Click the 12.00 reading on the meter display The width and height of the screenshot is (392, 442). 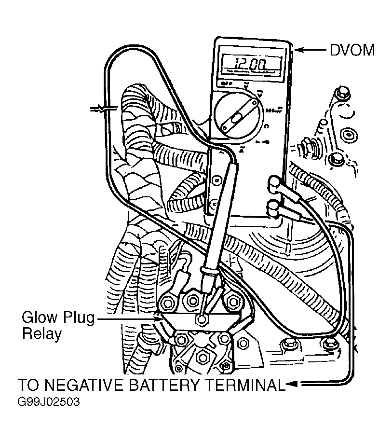[x=250, y=63]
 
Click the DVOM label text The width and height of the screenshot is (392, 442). [x=352, y=50]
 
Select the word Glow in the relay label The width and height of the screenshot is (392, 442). [x=40, y=318]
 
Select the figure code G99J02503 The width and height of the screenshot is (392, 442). [x=48, y=402]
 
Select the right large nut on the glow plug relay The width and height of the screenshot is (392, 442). [x=233, y=302]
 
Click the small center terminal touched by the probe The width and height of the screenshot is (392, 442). [x=202, y=319]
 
